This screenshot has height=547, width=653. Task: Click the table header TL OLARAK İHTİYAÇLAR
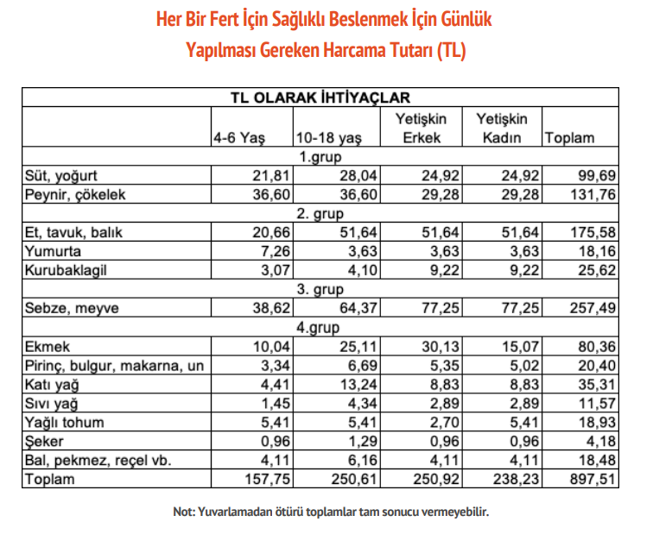(320, 97)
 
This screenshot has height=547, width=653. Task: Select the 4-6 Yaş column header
(239, 138)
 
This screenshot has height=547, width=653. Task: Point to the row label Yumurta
(54, 251)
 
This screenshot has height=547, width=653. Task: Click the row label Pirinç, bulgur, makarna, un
(115, 366)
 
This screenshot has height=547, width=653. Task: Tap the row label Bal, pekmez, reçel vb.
(99, 460)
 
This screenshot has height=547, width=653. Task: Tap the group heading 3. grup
(320, 289)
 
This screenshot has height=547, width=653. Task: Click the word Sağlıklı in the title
(327, 19)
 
